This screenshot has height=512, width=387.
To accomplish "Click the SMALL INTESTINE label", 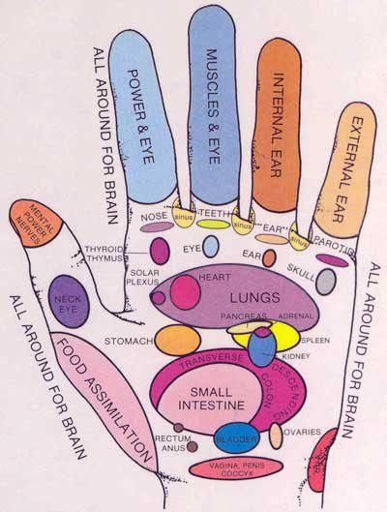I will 206,400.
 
